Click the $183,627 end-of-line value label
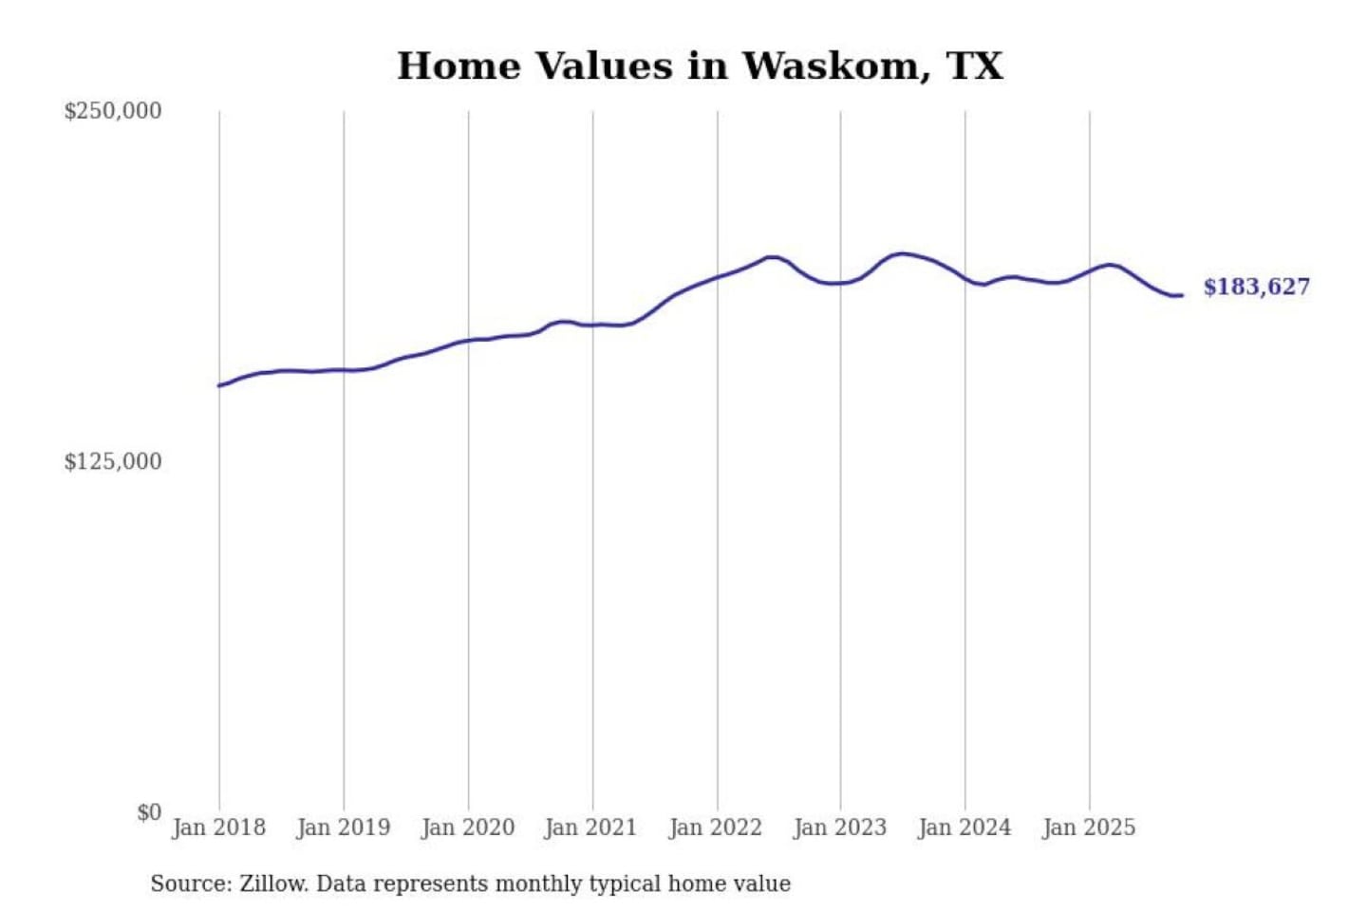pos(1256,287)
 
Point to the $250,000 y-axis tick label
pos(113,111)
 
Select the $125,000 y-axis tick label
pos(113,462)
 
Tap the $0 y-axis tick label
pos(149,812)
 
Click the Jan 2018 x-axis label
pos(219,827)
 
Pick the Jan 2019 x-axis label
pos(344,827)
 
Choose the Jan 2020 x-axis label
pos(468,827)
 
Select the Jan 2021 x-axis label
pos(590,827)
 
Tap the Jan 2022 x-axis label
pos(716,827)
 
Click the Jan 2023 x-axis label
pos(840,827)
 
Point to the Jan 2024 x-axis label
pos(964,827)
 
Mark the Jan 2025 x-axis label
pos(1089,827)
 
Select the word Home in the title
pos(459,66)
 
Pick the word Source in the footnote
pos(190,884)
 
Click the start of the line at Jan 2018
pos(220,385)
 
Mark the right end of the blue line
pos(1181,295)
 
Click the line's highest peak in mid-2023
pos(902,253)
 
